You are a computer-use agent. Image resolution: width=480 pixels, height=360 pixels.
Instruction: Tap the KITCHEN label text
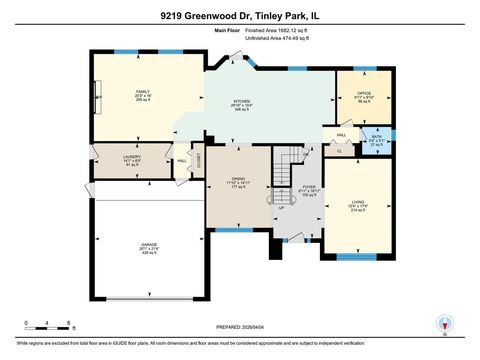(x=240, y=102)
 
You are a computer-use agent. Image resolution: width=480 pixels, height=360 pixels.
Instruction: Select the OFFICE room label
(x=364, y=93)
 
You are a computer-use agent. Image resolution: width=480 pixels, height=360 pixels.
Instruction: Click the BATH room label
(x=375, y=139)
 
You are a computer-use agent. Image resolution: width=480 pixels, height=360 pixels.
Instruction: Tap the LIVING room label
(x=358, y=203)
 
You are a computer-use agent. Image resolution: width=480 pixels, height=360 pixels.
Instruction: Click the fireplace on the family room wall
(x=97, y=97)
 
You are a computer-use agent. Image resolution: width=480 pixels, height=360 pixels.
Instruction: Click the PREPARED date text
(x=240, y=327)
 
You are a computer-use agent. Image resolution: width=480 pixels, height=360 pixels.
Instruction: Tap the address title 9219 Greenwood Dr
(x=240, y=17)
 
